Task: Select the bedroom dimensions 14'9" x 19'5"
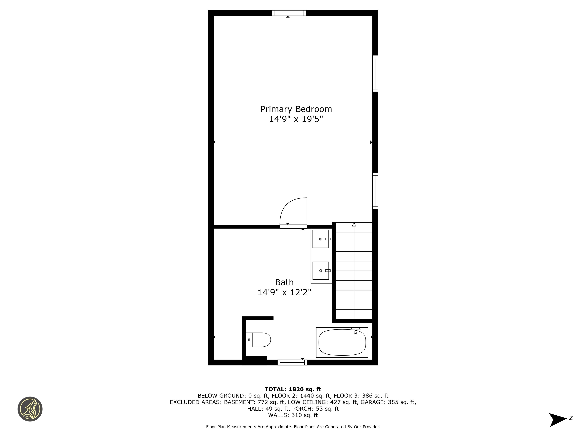point(296,119)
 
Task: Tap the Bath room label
point(284,282)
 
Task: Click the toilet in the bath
point(258,340)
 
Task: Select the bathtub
point(342,342)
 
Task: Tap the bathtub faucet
point(355,330)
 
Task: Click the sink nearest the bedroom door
point(321,239)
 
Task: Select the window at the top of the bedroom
point(289,13)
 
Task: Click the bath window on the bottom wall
point(292,363)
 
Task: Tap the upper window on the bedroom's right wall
point(375,74)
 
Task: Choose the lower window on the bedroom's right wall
point(375,191)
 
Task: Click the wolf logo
point(30,409)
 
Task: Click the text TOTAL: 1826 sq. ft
point(293,389)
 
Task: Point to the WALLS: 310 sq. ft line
point(293,415)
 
